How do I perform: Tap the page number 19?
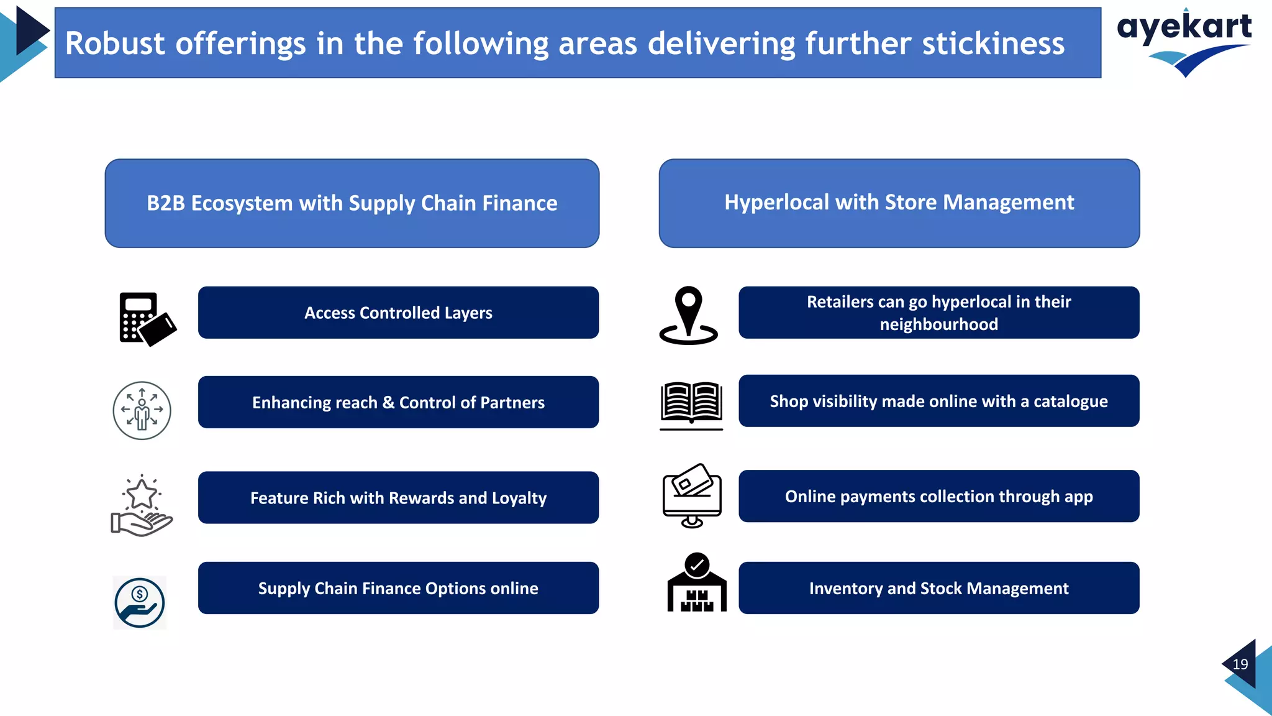[1240, 664]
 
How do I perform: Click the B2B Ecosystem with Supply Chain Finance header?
[352, 203]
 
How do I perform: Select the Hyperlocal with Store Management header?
[899, 203]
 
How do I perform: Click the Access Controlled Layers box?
[398, 313]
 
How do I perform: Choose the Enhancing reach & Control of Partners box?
[398, 402]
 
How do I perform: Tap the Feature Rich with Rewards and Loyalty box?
[398, 498]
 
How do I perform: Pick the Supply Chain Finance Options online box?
[398, 588]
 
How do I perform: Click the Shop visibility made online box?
[938, 401]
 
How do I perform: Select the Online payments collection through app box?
[938, 496]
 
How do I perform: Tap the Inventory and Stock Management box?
[938, 588]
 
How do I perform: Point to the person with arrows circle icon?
[142, 410]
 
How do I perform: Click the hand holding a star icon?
[142, 506]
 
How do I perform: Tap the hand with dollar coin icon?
[140, 602]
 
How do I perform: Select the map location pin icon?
[688, 316]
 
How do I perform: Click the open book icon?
[691, 405]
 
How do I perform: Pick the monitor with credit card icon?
[692, 496]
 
